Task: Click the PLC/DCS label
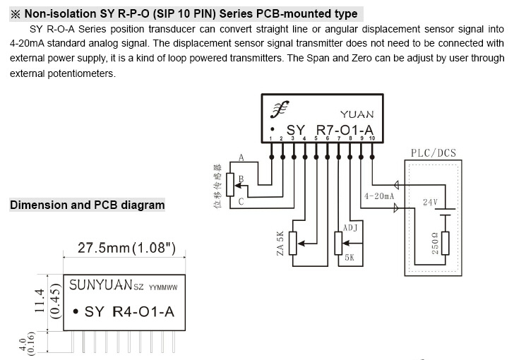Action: point(434,153)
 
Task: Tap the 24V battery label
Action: point(430,203)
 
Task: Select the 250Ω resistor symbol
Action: point(445,243)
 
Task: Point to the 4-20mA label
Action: point(379,196)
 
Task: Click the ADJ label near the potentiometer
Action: point(350,227)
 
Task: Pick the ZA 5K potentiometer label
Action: point(280,244)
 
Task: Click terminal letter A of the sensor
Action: point(241,157)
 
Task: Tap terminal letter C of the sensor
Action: point(241,201)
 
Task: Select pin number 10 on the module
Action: point(371,138)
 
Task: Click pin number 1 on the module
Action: point(271,138)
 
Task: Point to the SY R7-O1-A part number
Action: point(330,130)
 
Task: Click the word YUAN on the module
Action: point(357,114)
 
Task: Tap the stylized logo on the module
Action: point(280,109)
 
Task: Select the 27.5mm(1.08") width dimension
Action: point(126,248)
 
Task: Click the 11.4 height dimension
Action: point(40,301)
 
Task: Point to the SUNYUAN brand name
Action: point(100,284)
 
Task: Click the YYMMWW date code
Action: point(163,287)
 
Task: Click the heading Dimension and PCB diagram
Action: point(88,205)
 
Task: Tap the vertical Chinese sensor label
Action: point(217,186)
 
